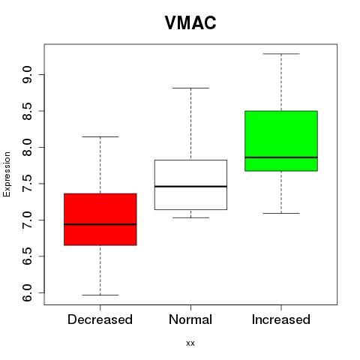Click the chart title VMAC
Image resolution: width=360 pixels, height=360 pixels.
(190, 22)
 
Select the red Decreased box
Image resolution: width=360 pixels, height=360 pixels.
(100, 219)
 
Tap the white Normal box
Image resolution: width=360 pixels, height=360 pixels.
(190, 184)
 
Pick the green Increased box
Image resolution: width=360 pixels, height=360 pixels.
(281, 141)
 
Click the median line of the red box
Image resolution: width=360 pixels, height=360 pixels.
(100, 224)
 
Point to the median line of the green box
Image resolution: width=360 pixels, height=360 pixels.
(281, 157)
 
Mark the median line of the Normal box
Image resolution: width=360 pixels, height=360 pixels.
(190, 187)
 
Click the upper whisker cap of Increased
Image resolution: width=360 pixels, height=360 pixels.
(281, 54)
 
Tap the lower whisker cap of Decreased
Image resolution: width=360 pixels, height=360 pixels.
(100, 295)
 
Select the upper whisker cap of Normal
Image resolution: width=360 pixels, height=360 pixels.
(190, 88)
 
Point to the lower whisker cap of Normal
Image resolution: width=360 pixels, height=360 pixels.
(190, 217)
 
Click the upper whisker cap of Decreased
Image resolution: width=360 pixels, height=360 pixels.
(100, 136)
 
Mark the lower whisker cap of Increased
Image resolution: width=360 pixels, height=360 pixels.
(281, 213)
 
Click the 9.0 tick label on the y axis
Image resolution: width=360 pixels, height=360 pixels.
(27, 75)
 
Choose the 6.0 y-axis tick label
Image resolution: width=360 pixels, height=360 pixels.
(27, 292)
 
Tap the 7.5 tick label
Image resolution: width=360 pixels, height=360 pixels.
(27, 184)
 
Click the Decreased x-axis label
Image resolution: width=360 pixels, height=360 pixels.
(100, 319)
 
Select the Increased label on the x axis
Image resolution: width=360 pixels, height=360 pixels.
(281, 319)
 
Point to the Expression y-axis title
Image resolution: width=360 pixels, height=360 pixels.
(7, 174)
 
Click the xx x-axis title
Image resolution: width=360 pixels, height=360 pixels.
(190, 343)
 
